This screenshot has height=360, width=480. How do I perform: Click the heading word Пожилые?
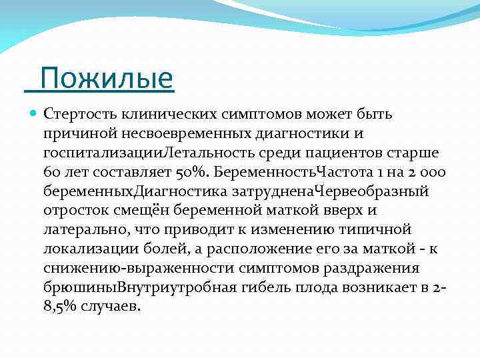click(x=106, y=79)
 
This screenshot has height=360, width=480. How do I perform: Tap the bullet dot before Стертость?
click(x=34, y=114)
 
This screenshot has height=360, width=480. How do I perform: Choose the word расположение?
click(x=255, y=249)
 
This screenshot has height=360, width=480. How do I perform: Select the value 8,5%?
click(x=61, y=307)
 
